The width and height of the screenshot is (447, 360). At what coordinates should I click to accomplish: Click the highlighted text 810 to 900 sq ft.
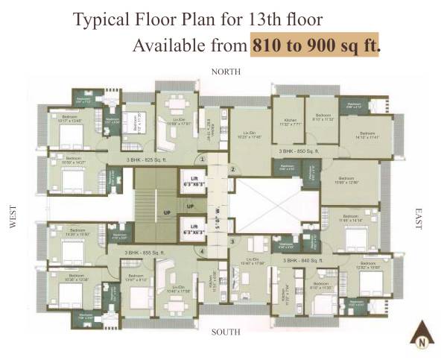coord(316,45)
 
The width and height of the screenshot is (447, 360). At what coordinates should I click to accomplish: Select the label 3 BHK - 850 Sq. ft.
coord(299,151)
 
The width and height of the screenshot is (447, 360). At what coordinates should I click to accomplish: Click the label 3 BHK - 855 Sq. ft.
coord(144,253)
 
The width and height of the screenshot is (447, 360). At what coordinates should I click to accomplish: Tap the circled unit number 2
coord(232,170)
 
